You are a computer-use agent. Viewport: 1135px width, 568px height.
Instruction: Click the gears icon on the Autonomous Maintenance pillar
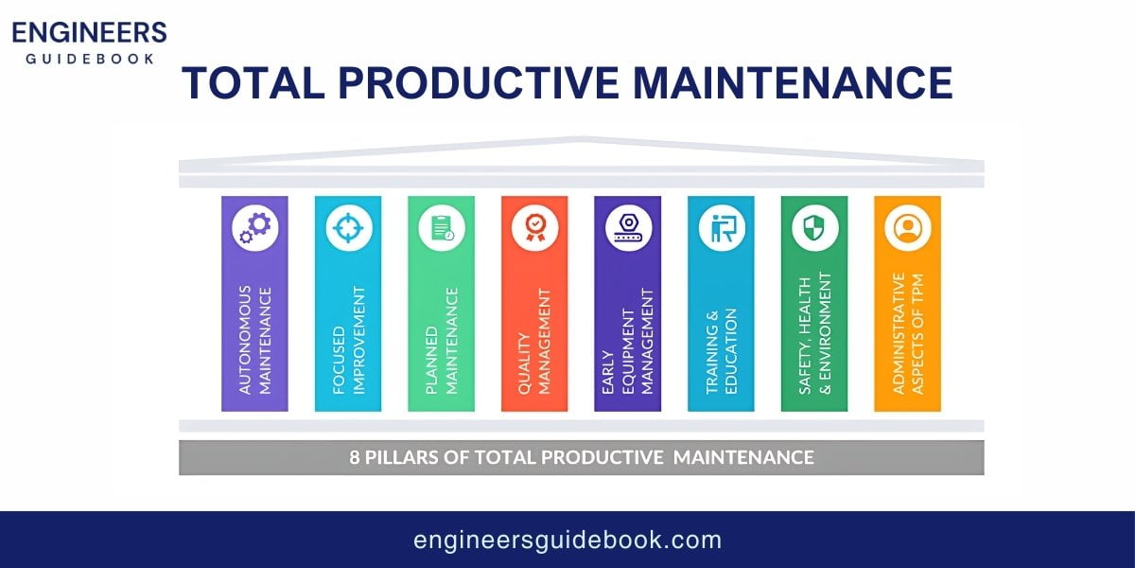(x=254, y=228)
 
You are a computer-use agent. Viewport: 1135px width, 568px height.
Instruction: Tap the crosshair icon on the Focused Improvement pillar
(x=348, y=228)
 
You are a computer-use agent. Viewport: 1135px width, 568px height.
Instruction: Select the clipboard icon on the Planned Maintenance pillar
(x=442, y=228)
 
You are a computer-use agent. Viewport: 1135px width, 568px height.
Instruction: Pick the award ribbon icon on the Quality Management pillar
(x=534, y=228)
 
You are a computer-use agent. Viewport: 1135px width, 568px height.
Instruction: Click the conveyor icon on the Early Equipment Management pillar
(x=628, y=228)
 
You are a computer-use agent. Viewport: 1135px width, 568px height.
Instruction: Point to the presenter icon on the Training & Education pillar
(x=721, y=228)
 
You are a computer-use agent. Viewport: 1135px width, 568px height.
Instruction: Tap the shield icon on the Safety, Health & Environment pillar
(x=814, y=228)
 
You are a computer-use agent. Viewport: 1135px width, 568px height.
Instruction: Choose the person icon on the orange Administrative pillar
(x=907, y=228)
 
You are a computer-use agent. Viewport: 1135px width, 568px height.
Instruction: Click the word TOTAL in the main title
(x=250, y=82)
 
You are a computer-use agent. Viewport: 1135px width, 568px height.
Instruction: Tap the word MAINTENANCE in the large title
(x=793, y=82)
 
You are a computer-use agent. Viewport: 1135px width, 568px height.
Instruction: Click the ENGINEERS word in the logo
(x=89, y=33)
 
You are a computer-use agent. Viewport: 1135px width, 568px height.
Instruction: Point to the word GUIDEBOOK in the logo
(x=89, y=57)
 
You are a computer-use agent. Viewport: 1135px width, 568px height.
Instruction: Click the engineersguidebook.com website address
(x=567, y=541)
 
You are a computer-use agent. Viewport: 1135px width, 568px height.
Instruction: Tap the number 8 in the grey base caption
(x=354, y=457)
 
